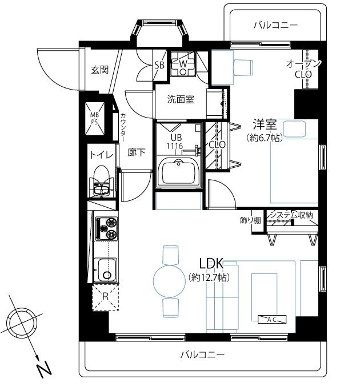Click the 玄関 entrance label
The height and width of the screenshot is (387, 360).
(x=100, y=70)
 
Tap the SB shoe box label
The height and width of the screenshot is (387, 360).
(x=159, y=65)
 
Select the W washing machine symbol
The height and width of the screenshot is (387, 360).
(x=183, y=64)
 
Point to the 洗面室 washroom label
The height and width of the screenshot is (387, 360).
(x=181, y=99)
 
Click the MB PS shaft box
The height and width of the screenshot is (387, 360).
(x=95, y=118)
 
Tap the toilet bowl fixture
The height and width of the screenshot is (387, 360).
(x=102, y=180)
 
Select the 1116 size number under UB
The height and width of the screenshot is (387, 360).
(x=174, y=146)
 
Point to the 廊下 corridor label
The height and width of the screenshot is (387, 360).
(x=137, y=152)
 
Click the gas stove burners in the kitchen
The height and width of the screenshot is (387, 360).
(x=107, y=228)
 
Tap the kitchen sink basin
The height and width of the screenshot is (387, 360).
(x=106, y=270)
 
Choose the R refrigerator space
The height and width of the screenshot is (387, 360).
(x=106, y=297)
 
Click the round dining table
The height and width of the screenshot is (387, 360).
(x=169, y=281)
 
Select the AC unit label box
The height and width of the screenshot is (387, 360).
(x=272, y=320)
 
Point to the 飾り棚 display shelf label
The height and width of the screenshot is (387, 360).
(x=250, y=220)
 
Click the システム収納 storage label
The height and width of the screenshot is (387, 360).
(x=291, y=215)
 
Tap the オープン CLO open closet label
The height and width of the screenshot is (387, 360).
(x=303, y=69)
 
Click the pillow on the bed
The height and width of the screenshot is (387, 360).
(x=294, y=128)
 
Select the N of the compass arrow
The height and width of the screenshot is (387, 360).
(x=44, y=369)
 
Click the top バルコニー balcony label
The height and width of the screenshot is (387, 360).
(x=275, y=25)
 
